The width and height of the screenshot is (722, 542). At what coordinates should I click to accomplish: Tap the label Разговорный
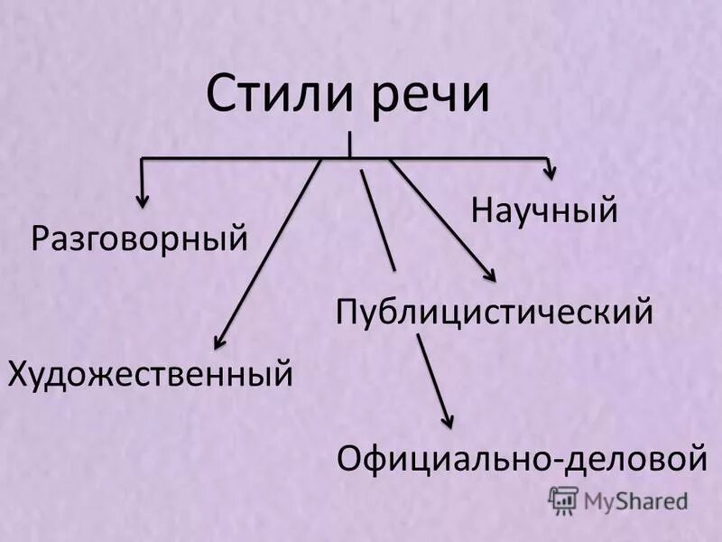pos(140,239)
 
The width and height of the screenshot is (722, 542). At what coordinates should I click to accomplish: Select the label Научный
pos(544,210)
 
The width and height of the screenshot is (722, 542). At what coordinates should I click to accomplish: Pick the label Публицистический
pos(494,313)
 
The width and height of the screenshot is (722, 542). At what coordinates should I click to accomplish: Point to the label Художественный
pos(151,373)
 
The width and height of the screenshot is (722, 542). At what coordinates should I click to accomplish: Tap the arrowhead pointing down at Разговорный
pos(141,199)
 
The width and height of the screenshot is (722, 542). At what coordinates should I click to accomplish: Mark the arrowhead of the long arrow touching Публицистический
pos(491,278)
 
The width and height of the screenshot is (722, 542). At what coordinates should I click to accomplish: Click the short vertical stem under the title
pos(349,145)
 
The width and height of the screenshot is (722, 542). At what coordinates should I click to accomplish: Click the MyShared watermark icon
pos(563,500)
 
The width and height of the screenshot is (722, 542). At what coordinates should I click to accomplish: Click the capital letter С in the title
pos(220,95)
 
